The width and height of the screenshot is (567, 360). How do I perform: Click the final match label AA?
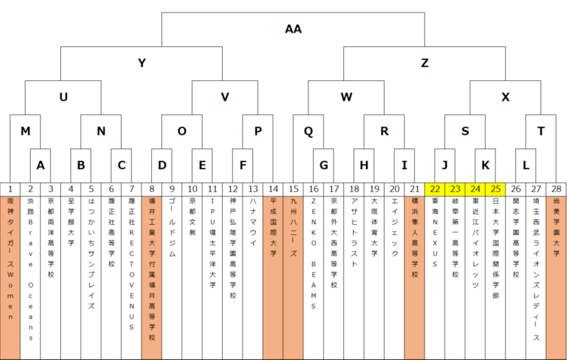pyautogui.click(x=293, y=29)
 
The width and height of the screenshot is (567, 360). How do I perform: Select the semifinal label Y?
pyautogui.click(x=142, y=63)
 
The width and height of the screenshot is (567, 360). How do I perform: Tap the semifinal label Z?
pyautogui.click(x=425, y=63)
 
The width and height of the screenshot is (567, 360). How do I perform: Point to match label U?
pyautogui.click(x=63, y=97)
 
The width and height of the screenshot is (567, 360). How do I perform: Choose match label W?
pyautogui.click(x=347, y=97)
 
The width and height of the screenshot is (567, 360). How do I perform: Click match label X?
pyautogui.click(x=505, y=97)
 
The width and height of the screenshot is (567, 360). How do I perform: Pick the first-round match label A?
pyautogui.click(x=41, y=165)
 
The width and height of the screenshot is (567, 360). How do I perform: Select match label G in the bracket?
pyautogui.click(x=324, y=165)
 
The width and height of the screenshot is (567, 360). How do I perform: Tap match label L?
pyautogui.click(x=526, y=165)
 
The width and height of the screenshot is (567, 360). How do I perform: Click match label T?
pyautogui.click(x=541, y=131)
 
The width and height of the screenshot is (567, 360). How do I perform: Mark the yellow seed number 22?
pyautogui.click(x=434, y=189)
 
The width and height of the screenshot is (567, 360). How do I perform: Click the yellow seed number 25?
pyautogui.click(x=496, y=189)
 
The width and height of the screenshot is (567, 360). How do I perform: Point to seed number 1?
pyautogui.click(x=10, y=189)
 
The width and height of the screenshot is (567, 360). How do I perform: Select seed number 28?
pyautogui.click(x=556, y=189)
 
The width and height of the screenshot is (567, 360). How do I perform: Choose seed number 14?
pyautogui.click(x=273, y=189)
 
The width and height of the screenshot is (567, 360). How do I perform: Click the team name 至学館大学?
pyautogui.click(x=71, y=222)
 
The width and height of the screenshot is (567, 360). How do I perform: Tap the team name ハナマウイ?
pyautogui.click(x=253, y=222)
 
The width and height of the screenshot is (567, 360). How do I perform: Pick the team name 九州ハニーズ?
pyautogui.click(x=293, y=227)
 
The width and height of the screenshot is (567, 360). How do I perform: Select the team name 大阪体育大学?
pyautogui.click(x=374, y=227)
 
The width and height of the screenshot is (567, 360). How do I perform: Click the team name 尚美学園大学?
pyautogui.click(x=556, y=227)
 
